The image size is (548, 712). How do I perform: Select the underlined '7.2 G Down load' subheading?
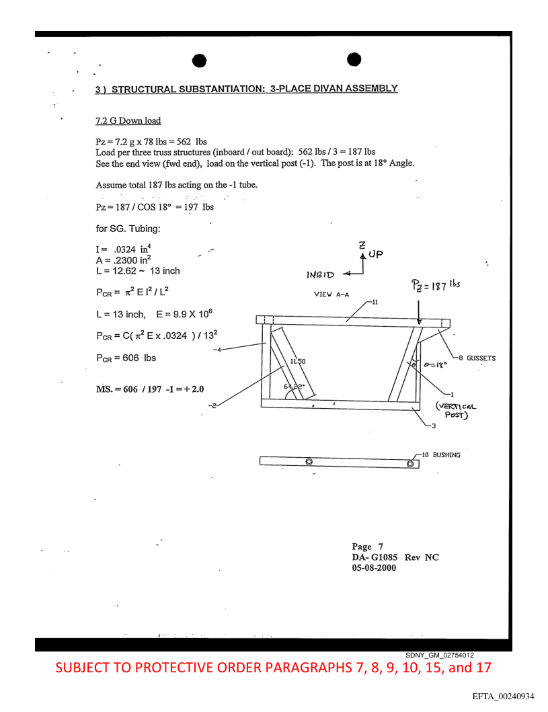[128, 122]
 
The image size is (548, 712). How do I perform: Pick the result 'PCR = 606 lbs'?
[126, 358]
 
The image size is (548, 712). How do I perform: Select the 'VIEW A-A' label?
[331, 294]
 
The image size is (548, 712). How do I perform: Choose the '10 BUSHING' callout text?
[438, 455]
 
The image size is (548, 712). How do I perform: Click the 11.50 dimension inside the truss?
[299, 362]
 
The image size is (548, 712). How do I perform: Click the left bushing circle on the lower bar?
[309, 462]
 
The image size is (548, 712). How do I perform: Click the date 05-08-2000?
[374, 567]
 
